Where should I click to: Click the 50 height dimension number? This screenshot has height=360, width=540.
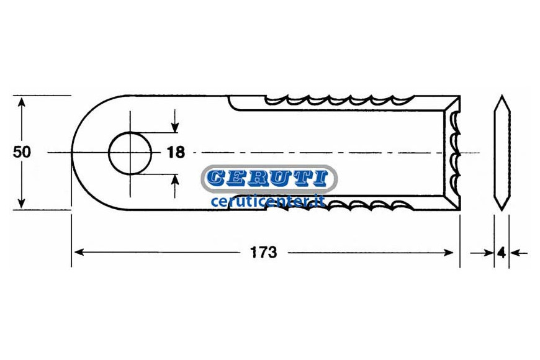[22, 152]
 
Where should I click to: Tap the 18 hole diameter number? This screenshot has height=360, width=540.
[176, 152]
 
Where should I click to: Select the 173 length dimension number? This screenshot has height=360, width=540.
[263, 253]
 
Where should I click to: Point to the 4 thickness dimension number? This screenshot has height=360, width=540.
[502, 253]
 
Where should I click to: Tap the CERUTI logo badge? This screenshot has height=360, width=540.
[269, 178]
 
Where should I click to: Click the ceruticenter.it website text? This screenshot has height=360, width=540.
[268, 201]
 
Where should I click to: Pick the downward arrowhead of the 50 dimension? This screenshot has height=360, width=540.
[22, 202]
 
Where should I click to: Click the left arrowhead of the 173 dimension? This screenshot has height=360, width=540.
[79, 253]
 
